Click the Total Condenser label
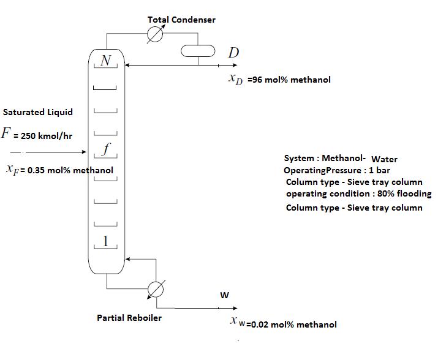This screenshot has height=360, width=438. pos(181,20)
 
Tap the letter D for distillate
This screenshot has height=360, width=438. pos(233,53)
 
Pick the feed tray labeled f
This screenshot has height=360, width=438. pos(105,149)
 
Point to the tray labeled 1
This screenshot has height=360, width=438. pos(105,242)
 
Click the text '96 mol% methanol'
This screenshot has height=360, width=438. pos(289,80)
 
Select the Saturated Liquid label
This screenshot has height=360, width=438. pos(38,112)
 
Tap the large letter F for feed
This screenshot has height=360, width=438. pos(6,133)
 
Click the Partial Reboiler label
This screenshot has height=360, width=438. pos(129,318)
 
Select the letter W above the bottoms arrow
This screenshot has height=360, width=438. pos(225,295)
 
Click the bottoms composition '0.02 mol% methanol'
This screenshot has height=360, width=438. pos(291,324)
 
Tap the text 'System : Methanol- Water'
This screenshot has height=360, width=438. pos(341,159)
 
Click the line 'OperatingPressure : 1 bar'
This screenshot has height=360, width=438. pos(336,170)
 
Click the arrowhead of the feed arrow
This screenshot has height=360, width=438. pos(84,151)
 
